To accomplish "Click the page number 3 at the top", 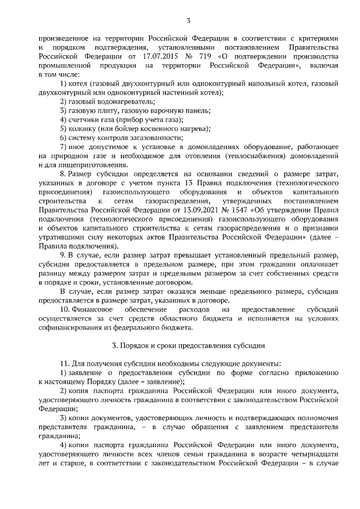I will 188,21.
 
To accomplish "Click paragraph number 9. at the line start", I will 63,256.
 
